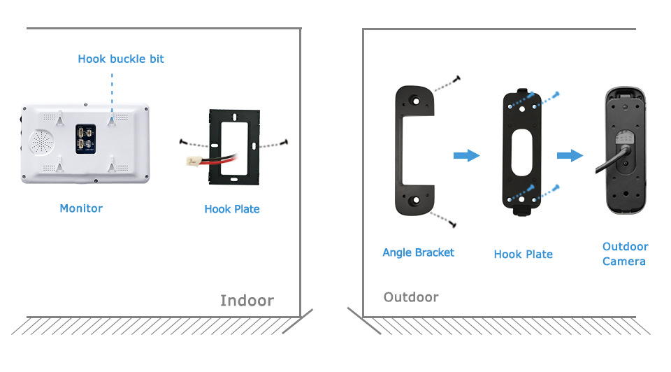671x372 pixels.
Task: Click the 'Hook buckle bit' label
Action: [121, 59]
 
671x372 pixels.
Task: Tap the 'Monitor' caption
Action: [81, 208]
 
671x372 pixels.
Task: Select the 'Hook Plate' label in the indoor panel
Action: [232, 209]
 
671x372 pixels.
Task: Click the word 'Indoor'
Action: [247, 301]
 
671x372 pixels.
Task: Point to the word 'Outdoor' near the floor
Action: [411, 297]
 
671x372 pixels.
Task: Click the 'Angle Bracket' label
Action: [418, 252]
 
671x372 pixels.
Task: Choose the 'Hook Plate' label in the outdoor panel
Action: [523, 255]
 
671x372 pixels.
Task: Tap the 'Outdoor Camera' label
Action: [625, 254]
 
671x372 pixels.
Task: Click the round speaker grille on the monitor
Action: [41, 142]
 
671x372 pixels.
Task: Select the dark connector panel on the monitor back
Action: [85, 139]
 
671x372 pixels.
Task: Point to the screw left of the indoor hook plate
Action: [184, 142]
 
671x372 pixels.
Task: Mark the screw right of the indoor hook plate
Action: [284, 142]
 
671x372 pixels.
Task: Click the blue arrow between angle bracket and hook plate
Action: [466, 155]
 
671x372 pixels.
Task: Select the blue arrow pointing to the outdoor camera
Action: [570, 155]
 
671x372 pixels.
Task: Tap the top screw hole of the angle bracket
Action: [415, 101]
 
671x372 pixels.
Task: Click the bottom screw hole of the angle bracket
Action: [414, 200]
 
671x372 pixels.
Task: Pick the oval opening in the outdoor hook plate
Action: [521, 153]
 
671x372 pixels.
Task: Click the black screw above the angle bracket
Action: [457, 79]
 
